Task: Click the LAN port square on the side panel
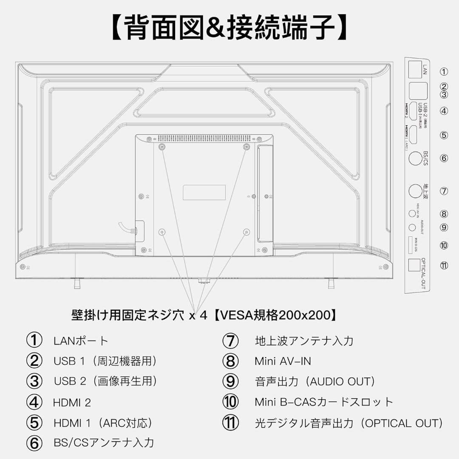414,70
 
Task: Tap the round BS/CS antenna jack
414,159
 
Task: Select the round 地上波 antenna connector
415,191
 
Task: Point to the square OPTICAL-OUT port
414,265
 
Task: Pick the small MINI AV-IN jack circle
412,213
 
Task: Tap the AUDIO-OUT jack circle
412,227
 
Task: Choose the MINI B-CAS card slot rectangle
410,245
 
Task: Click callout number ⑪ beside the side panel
444,266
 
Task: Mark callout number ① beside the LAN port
444,72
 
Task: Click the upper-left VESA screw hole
161,147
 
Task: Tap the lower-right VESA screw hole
246,232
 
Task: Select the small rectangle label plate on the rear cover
204,193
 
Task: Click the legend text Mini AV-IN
283,361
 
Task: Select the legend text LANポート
81,341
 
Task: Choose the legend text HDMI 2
72,402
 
